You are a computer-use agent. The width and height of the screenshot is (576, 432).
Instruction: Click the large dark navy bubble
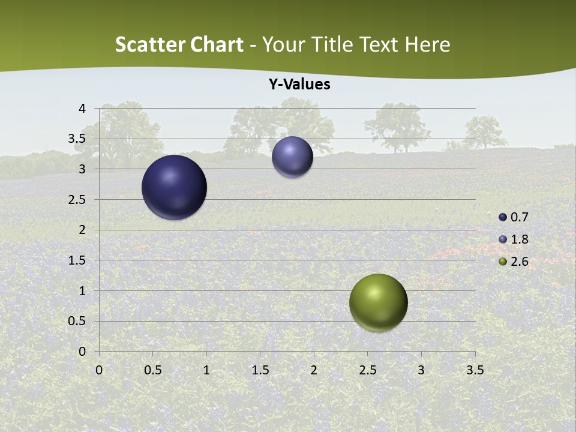[x=175, y=187]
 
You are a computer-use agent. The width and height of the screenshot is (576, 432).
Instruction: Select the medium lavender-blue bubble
[x=292, y=157]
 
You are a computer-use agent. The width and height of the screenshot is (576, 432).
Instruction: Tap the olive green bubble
[x=378, y=302]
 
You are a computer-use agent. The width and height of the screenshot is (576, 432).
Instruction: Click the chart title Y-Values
[x=299, y=85]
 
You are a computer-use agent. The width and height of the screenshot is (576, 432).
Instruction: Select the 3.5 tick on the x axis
[x=475, y=370]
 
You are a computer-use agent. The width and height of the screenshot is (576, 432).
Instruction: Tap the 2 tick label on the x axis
[x=314, y=370]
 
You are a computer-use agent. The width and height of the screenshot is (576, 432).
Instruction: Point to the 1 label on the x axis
[x=206, y=370]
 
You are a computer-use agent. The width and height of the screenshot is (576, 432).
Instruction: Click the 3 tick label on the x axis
[x=421, y=370]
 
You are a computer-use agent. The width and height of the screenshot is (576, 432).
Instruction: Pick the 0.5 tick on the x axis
[x=152, y=370]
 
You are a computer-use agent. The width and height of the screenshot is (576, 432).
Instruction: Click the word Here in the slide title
[x=427, y=44]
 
